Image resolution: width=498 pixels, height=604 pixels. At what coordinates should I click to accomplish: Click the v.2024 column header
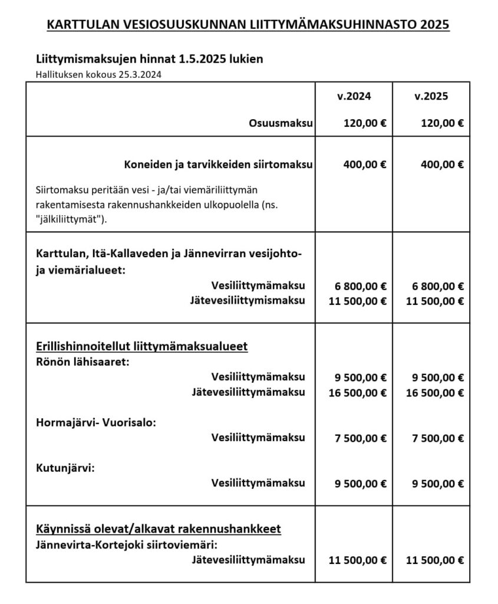(x=354, y=97)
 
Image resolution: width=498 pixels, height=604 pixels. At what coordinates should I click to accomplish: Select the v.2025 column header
(x=431, y=97)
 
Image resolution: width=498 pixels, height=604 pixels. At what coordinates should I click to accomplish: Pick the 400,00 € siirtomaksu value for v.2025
(x=442, y=165)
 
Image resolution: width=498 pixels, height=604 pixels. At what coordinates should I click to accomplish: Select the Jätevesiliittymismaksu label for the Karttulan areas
(x=248, y=301)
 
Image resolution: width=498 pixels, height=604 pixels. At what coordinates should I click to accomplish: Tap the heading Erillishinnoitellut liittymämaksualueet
(x=141, y=346)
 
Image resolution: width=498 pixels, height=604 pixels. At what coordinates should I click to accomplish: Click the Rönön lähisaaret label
(x=83, y=362)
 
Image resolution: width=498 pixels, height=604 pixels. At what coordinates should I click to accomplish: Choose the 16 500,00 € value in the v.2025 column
(x=434, y=392)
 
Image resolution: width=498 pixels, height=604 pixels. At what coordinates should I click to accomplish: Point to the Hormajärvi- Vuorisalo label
(x=96, y=423)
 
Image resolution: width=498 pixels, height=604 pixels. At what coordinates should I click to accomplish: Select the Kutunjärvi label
(x=65, y=468)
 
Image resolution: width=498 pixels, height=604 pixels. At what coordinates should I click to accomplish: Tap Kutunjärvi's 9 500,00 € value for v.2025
(x=437, y=484)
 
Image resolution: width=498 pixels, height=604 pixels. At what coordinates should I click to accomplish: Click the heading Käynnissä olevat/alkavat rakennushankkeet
(x=158, y=529)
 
